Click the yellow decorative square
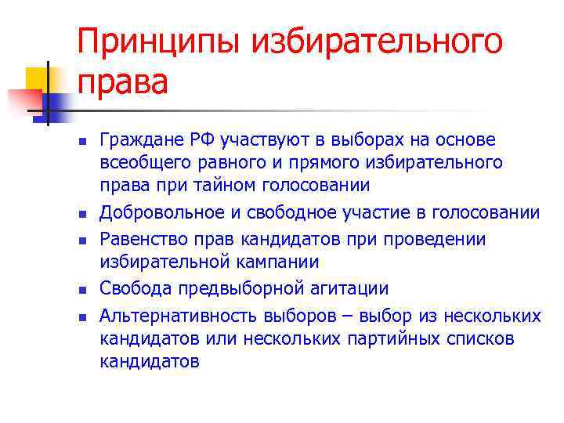pos(38,78)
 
